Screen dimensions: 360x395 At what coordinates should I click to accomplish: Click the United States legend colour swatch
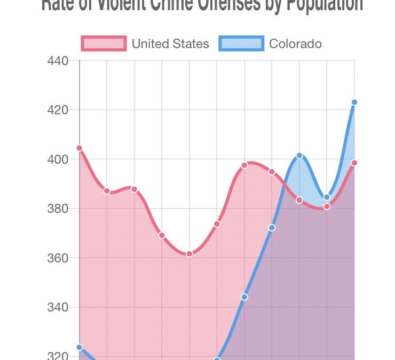click(x=104, y=43)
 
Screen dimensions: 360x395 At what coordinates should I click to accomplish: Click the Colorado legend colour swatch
click(x=241, y=43)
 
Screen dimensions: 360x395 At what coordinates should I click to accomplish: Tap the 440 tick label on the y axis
click(x=58, y=61)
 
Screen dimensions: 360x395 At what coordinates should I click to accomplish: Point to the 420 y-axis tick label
click(x=58, y=110)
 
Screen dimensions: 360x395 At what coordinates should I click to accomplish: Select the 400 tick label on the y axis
click(x=58, y=159)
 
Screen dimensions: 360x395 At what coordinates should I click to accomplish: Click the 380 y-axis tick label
click(x=58, y=209)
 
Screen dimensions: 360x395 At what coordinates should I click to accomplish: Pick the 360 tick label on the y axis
click(x=58, y=258)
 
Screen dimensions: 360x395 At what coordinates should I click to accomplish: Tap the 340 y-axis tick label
click(x=58, y=307)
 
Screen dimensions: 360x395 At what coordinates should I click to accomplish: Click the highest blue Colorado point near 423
click(x=354, y=102)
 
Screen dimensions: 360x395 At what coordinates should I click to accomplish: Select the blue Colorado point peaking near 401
click(x=299, y=155)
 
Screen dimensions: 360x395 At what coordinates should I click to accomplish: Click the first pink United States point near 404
click(x=80, y=148)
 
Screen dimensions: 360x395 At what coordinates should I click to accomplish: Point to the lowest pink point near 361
click(x=189, y=254)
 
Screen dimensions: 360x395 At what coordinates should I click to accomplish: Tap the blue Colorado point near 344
click(x=244, y=297)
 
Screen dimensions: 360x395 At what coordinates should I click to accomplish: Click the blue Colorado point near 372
click(x=272, y=228)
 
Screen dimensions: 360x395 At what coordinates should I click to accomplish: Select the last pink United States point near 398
click(x=354, y=163)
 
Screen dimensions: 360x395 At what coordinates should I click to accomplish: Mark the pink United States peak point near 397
click(x=244, y=165)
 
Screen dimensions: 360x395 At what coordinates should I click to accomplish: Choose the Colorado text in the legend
click(x=295, y=43)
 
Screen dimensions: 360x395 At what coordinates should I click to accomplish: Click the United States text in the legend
click(x=170, y=43)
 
